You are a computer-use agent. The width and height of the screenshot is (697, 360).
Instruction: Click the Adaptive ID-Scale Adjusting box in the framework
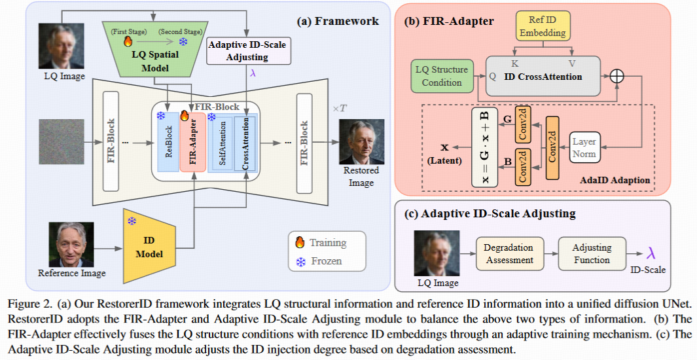coord(249,51)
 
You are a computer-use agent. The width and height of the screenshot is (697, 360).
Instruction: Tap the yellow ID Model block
coord(149,246)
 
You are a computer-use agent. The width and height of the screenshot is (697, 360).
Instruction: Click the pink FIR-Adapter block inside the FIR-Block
coord(192,142)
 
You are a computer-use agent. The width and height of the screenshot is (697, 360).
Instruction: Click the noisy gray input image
coord(61,142)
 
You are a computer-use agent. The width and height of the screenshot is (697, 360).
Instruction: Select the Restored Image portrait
coord(361,142)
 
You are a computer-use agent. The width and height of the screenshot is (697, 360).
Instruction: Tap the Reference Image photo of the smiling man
coord(71,244)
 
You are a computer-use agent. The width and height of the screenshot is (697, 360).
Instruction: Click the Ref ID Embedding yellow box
coord(543,26)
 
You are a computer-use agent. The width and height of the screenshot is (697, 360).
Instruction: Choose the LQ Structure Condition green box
coord(442,76)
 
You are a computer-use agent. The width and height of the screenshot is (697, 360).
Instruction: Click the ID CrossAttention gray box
coord(543,76)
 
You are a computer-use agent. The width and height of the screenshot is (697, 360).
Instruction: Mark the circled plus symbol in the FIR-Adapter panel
coord(617,77)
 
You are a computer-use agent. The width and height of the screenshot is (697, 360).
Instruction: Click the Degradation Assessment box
coord(509,254)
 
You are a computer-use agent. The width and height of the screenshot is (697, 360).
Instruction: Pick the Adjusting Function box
coord(592,254)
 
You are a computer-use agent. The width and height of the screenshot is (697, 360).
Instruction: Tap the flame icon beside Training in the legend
coord(300,242)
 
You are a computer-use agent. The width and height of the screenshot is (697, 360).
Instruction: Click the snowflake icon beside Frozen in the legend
coord(300,262)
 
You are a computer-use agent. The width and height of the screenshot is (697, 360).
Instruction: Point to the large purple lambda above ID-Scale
coord(651,253)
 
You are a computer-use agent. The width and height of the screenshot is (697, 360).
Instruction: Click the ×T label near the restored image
coord(340,109)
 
